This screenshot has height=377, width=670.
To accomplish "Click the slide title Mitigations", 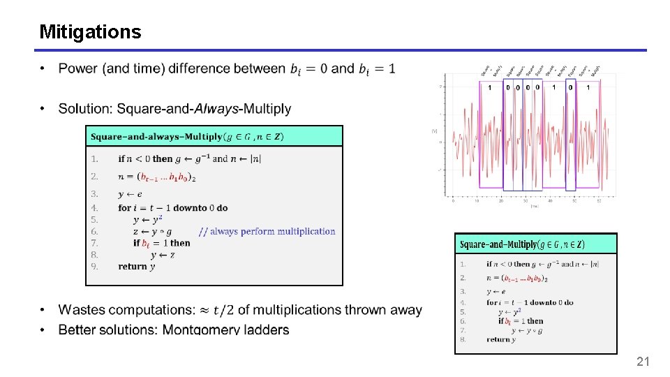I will point(90,32).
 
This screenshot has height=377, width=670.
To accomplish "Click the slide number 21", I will point(643,361).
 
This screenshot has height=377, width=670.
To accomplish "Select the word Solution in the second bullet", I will point(87,109).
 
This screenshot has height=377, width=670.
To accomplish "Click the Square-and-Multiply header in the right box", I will point(522,244).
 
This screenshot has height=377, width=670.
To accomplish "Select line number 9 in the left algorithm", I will point(94,267).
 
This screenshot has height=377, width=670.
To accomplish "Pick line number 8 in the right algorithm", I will point(463,340).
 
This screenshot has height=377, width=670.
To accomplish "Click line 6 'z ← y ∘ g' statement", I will point(152,231).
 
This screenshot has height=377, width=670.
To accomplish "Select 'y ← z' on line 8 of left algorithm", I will point(163,255).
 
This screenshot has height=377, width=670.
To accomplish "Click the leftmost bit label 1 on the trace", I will point(489,87).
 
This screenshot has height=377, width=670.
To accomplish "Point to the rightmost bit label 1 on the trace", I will point(588,87).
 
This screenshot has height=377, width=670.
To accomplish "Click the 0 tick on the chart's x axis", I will point(454,201).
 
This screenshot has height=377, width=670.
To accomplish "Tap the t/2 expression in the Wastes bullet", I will point(224,309).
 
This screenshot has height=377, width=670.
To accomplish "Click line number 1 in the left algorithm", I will point(94,158).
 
